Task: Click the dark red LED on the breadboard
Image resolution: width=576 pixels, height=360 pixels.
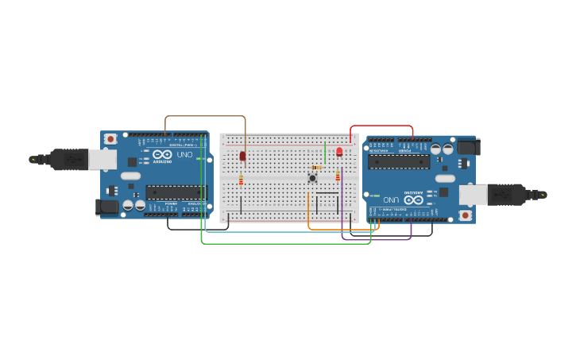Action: pyautogui.click(x=243, y=156)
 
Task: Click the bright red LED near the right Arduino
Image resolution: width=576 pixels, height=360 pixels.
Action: pyautogui.click(x=339, y=151)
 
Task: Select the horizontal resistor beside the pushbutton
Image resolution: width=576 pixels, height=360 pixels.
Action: pyautogui.click(x=318, y=168)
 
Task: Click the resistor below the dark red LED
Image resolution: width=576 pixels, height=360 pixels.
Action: pyautogui.click(x=241, y=180)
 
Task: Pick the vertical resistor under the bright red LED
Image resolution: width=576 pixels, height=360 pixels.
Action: pyautogui.click(x=338, y=176)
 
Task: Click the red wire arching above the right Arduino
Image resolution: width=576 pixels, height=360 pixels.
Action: pyautogui.click(x=381, y=126)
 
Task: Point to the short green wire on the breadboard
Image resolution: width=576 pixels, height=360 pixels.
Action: pyautogui.click(x=325, y=151)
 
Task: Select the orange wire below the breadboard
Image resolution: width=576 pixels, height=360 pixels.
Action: pyautogui.click(x=342, y=230)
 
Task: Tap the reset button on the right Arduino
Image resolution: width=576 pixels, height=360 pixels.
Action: pyautogui.click(x=466, y=215)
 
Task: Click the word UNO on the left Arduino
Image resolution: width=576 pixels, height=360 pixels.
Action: pyautogui.click(x=184, y=155)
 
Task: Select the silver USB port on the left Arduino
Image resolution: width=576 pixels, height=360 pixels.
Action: pyautogui.click(x=102, y=160)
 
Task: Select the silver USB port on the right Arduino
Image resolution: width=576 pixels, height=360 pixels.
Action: pyautogui.click(x=474, y=195)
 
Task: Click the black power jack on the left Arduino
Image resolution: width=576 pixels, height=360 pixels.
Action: pyautogui.click(x=106, y=207)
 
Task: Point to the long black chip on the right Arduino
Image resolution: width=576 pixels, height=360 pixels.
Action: pyautogui.click(x=399, y=161)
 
